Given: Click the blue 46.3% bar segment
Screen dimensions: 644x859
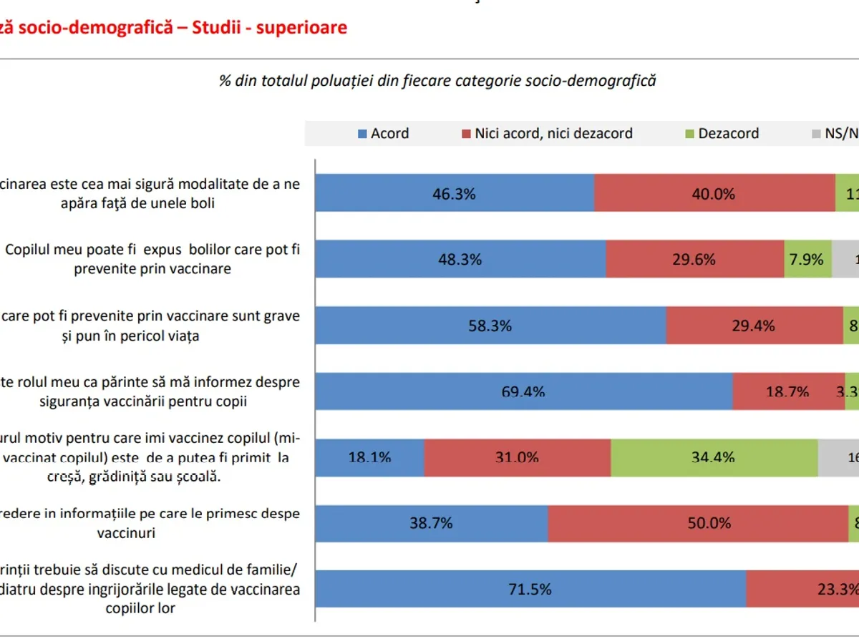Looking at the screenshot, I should (x=455, y=193).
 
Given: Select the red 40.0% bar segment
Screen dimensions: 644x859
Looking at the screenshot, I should (x=714, y=193).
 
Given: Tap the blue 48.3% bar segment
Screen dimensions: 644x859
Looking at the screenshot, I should (x=460, y=259).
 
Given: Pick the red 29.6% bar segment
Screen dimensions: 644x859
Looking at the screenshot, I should (x=694, y=259).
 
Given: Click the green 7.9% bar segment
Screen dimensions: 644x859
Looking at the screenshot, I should (x=807, y=259).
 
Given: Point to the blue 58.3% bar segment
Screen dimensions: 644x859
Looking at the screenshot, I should (x=490, y=326).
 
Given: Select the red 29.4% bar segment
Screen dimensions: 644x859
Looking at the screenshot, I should (x=754, y=326).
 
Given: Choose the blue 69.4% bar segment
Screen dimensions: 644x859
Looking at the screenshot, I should (x=523, y=391).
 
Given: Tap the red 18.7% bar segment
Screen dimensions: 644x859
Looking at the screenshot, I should (x=788, y=391).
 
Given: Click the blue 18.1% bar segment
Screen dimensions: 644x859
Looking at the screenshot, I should (x=369, y=457).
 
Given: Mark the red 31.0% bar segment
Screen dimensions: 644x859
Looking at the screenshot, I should (x=517, y=457).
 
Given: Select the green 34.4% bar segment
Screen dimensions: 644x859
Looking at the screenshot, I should (x=714, y=457).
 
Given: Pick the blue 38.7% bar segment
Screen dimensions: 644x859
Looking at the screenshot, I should (x=431, y=523).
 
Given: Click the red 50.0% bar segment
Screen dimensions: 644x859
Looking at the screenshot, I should (x=698, y=523).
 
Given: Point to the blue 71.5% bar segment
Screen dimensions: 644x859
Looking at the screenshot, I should (x=530, y=589).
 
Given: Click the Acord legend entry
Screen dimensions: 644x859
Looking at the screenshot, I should (x=384, y=134).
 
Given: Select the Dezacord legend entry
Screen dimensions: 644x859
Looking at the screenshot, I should (x=722, y=134).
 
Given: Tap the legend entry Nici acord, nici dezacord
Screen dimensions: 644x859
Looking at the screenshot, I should (x=547, y=134).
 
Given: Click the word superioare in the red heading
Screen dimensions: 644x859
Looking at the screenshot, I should (x=304, y=28).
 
